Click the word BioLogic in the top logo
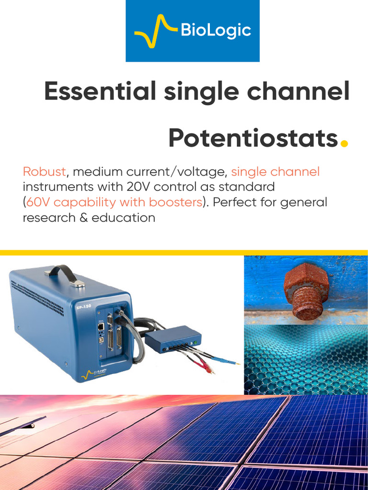215,31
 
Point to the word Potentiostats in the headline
253,138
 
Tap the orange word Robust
44,172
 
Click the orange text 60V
38,202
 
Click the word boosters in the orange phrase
175,202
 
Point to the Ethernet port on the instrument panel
101,326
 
